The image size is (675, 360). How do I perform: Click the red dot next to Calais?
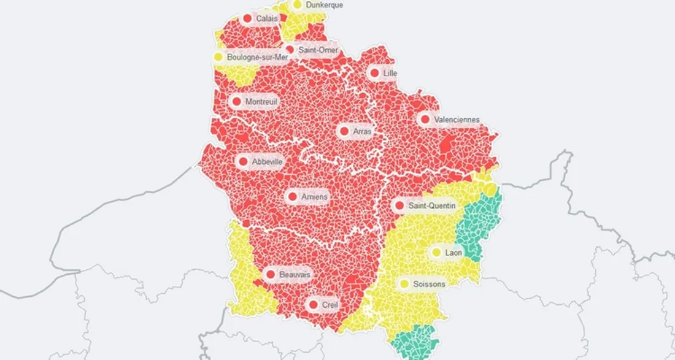pyautogui.click(x=247, y=18)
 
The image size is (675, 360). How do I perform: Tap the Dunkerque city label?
pyautogui.click(x=324, y=5)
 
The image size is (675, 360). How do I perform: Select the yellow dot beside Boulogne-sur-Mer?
pyautogui.click(x=218, y=57)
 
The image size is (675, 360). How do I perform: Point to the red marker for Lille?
pyautogui.click(x=374, y=73)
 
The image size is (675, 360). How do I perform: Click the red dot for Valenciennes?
pyautogui.click(x=425, y=120)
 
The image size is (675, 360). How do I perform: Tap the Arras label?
pyautogui.click(x=363, y=131)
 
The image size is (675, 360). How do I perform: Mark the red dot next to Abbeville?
pyautogui.click(x=243, y=162)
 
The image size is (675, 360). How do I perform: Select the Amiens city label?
pyautogui.click(x=315, y=197)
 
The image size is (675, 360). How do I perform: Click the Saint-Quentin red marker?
pyautogui.click(x=399, y=206)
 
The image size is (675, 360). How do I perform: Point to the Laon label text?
pyautogui.click(x=453, y=253)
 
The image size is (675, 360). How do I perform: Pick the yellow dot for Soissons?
pyautogui.click(x=404, y=284)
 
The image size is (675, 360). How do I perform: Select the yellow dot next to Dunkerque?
pyautogui.click(x=298, y=4)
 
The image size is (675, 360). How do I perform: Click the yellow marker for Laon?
pyautogui.click(x=436, y=252)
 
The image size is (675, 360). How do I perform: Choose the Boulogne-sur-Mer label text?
pyautogui.click(x=257, y=57)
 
